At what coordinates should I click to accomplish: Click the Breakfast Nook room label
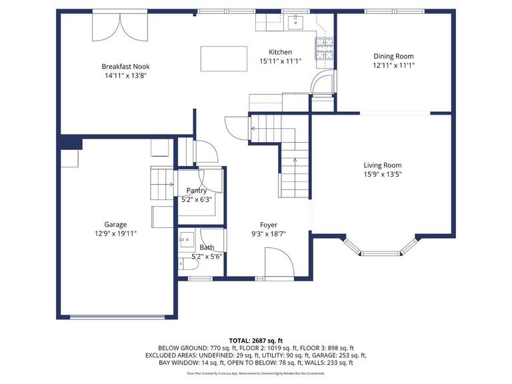pyautogui.click(x=126, y=67)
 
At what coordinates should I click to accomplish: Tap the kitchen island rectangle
pyautogui.click(x=224, y=59)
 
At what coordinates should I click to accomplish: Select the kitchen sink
pyautogui.click(x=295, y=22)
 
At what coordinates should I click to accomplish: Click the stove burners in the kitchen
pyautogui.click(x=324, y=49)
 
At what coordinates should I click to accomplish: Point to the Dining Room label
pyautogui.click(x=393, y=57)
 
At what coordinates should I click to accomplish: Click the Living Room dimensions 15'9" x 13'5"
pyautogui.click(x=383, y=174)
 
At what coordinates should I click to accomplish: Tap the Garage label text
pyautogui.click(x=115, y=225)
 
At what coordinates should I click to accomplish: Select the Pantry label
pyautogui.click(x=197, y=191)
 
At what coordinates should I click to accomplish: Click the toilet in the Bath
pyautogui.click(x=188, y=264)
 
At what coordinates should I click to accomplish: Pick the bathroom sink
pyautogui.click(x=186, y=240)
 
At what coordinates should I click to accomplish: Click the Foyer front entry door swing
pyautogui.click(x=279, y=263)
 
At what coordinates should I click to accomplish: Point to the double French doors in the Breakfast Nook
pyautogui.click(x=120, y=27)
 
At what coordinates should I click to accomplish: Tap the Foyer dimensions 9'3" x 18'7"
pyautogui.click(x=269, y=234)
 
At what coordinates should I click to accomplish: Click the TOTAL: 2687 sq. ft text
pyautogui.click(x=256, y=341)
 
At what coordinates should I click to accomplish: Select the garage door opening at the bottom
pyautogui.click(x=117, y=317)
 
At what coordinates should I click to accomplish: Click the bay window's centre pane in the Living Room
pyautogui.click(x=381, y=253)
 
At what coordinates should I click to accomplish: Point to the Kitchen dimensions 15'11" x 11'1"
pyautogui.click(x=281, y=61)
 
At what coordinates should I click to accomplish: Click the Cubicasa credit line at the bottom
pyautogui.click(x=256, y=373)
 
